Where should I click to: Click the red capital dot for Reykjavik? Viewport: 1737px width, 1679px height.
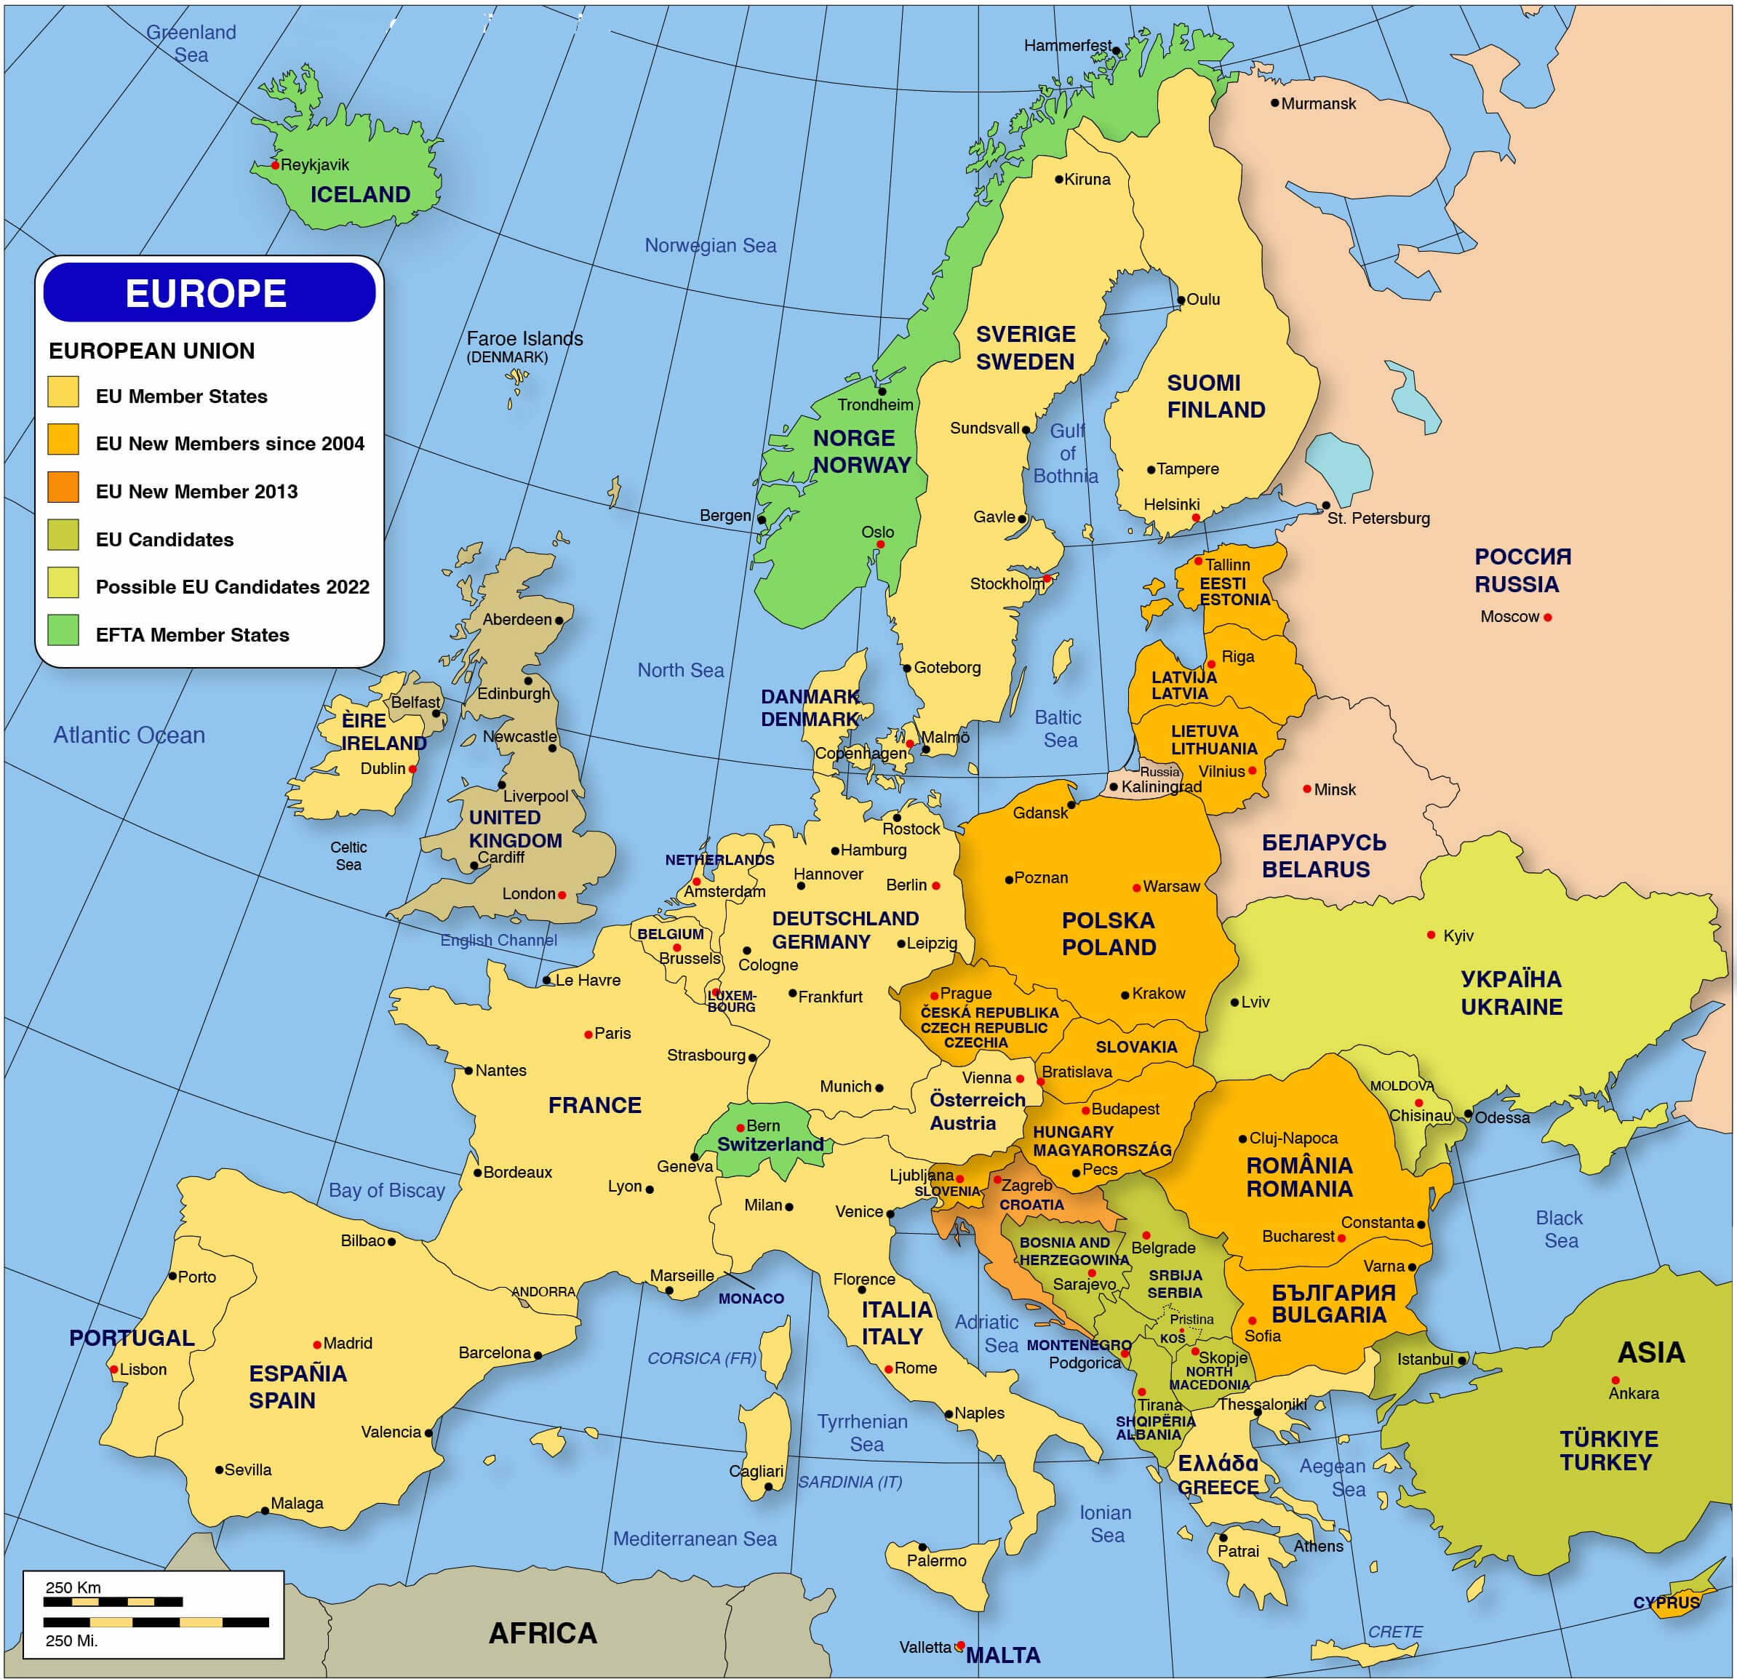275,165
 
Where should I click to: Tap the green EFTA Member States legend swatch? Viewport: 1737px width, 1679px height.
63,629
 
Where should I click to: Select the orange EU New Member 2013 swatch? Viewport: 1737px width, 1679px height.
63,487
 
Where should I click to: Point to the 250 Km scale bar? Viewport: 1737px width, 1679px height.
113,1602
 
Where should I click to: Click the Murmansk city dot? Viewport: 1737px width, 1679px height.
1274,103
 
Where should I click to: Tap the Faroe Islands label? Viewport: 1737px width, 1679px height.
524,338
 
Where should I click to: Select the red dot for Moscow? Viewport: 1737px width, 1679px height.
1547,617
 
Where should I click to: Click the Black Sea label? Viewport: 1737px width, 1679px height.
1560,1229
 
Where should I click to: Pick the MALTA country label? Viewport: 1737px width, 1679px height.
1002,1655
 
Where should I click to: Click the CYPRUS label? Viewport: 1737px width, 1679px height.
1666,1603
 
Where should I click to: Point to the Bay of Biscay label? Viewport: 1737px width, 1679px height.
386,1191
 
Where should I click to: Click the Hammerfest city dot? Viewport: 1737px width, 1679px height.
1117,52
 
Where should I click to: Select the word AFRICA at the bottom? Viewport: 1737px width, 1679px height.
543,1633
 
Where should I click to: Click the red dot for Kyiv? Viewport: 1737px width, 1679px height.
1431,936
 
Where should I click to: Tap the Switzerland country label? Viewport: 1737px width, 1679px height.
770,1144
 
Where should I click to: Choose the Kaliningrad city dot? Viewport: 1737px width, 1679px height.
1114,786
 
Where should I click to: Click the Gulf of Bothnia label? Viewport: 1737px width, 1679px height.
1066,453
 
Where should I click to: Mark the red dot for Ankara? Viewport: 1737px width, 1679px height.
1616,1380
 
